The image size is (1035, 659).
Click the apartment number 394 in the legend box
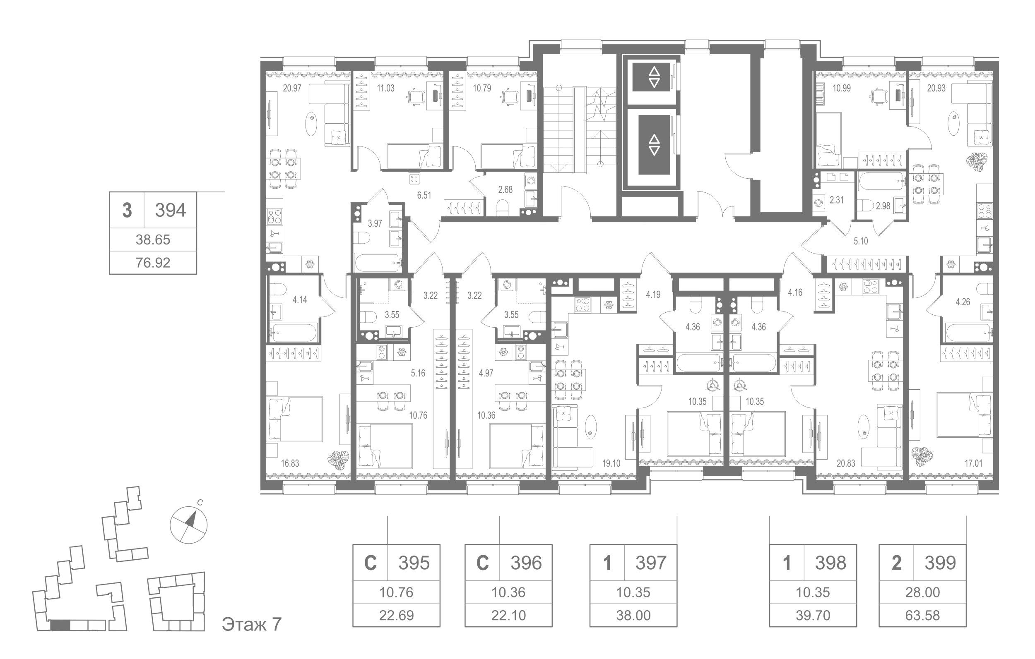[x=170, y=211]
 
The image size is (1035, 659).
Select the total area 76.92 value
[x=153, y=262]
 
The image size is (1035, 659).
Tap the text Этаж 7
[x=252, y=624]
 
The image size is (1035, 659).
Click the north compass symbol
[x=189, y=525]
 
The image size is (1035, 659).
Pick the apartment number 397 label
[x=651, y=563]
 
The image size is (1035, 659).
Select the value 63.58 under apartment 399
[x=922, y=615]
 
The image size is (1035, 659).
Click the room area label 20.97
[x=292, y=89]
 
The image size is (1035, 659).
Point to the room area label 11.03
[x=385, y=89]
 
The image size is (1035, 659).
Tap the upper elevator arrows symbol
[x=654, y=77]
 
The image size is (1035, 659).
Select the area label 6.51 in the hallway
[x=424, y=195]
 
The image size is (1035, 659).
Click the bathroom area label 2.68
[x=505, y=189]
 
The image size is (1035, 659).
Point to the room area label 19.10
[x=611, y=463]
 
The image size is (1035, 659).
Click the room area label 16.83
[x=290, y=463]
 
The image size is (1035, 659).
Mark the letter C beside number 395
[x=370, y=563]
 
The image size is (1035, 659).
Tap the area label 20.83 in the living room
[x=846, y=463]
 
